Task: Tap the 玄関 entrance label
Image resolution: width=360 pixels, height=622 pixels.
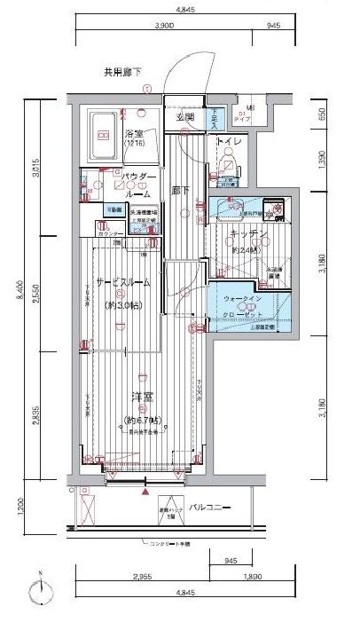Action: coord(184,116)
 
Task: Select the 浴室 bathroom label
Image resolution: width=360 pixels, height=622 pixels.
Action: coord(135,135)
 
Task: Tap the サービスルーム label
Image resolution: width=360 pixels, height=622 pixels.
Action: coord(123,281)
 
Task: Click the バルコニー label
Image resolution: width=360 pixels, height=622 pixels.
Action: coord(209,507)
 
